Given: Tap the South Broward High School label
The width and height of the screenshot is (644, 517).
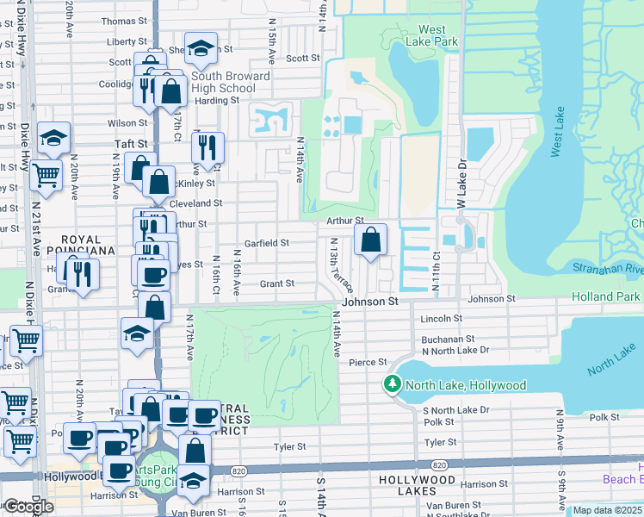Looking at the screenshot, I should [x=219, y=82].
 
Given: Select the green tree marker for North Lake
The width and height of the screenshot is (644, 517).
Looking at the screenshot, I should [x=393, y=384].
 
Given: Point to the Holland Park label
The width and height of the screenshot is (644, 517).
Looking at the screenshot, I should [x=606, y=297].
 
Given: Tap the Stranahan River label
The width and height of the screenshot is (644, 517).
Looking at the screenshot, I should [x=606, y=268].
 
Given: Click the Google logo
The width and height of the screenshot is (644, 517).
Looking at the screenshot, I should [x=28, y=506].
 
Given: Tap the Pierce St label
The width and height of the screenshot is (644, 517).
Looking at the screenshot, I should [x=368, y=363].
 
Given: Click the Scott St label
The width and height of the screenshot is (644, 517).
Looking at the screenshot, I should [x=302, y=59].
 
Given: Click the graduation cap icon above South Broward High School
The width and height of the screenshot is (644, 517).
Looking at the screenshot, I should [x=201, y=50].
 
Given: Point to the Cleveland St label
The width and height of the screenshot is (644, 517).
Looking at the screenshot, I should [x=195, y=203].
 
